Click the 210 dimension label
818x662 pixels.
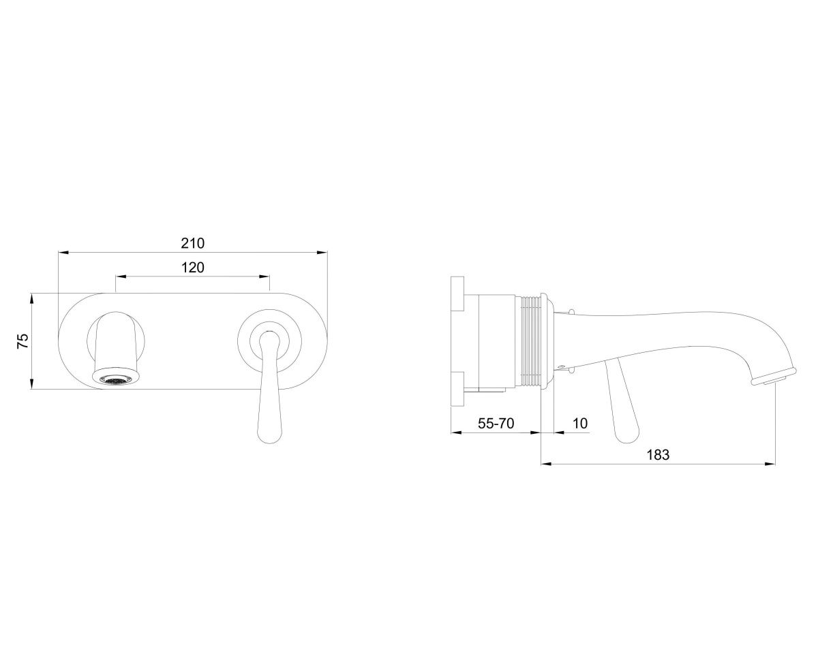click(193, 243)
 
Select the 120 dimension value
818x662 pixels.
click(193, 268)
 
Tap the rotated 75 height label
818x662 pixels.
click(23, 341)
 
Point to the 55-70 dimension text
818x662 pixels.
click(496, 424)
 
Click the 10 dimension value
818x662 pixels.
click(580, 424)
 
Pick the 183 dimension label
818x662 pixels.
click(658, 455)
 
